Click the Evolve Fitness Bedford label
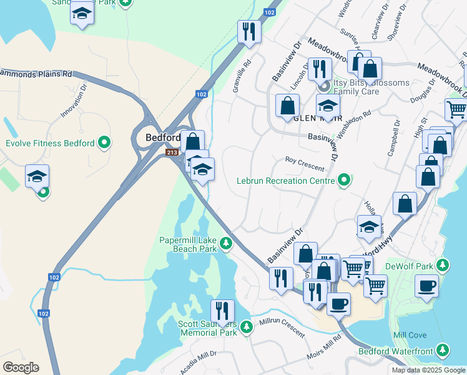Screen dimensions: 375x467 click(50, 143)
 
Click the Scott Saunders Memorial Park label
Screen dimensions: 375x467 click(208, 328)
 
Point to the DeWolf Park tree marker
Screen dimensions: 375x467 click(443, 266)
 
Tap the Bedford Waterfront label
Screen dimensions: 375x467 click(395, 351)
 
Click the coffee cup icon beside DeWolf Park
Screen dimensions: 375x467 click(426, 286)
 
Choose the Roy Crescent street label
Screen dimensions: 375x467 click(305, 164)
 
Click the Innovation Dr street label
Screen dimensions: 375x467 click(72, 103)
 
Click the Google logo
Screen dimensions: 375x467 click(21, 367)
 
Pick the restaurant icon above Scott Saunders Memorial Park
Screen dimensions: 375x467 click(222, 311)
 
